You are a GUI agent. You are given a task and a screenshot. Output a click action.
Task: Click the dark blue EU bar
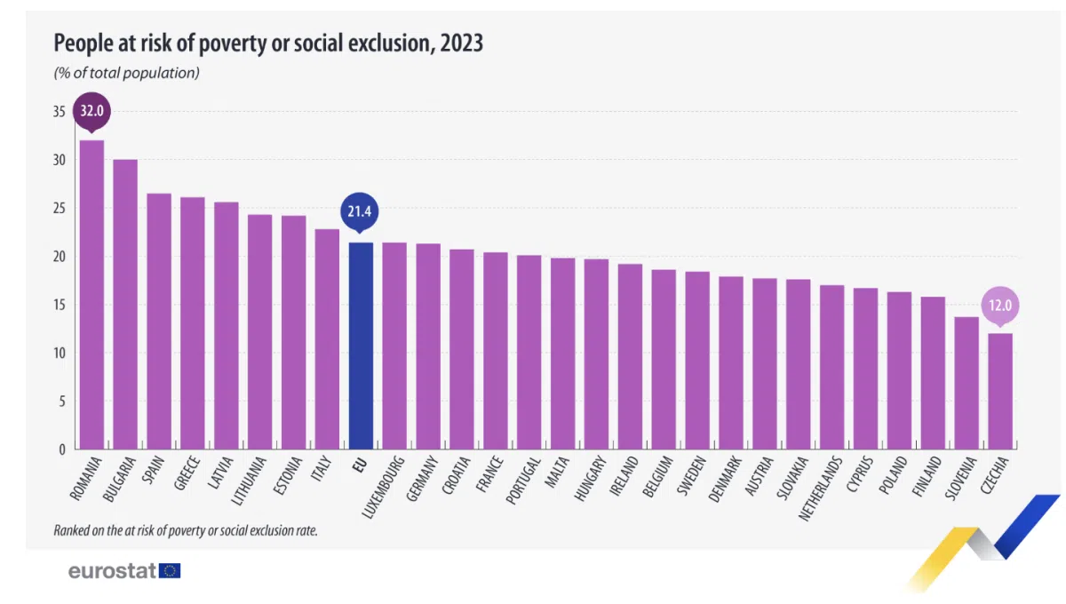pyautogui.click(x=361, y=346)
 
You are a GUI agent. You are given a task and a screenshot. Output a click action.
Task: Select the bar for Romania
pyautogui.click(x=91, y=295)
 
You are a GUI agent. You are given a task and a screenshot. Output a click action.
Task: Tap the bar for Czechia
pyautogui.click(x=1000, y=391)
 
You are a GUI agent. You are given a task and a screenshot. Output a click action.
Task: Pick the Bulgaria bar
pyautogui.click(x=125, y=305)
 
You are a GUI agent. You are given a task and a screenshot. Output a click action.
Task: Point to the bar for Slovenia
pyautogui.click(x=967, y=383)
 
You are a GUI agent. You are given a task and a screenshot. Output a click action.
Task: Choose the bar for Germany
pyautogui.click(x=428, y=346)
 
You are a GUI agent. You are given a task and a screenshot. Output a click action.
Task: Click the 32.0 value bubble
pyautogui.click(x=91, y=111)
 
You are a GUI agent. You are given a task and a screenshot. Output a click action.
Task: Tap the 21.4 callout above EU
pyautogui.click(x=359, y=211)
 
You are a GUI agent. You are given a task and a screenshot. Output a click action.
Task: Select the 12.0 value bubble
pyautogui.click(x=1000, y=306)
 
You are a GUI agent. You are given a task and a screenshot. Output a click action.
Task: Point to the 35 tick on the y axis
pyautogui.click(x=59, y=112)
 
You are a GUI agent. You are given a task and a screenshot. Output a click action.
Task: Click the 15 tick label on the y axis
pyautogui.click(x=59, y=305)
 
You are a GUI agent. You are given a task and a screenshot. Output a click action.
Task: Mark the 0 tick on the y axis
pyautogui.click(x=62, y=449)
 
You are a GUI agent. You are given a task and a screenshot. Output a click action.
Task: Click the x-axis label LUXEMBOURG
pyautogui.click(x=383, y=487)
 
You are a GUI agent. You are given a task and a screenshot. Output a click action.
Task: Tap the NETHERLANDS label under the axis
pyautogui.click(x=820, y=489)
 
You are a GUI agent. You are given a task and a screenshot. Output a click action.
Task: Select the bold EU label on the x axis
pyautogui.click(x=360, y=465)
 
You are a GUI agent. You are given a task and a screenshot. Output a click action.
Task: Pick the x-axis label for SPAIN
pyautogui.click(x=153, y=470)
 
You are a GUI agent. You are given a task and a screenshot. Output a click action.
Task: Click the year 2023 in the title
pyautogui.click(x=461, y=43)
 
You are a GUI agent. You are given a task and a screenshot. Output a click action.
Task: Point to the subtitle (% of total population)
pyautogui.click(x=126, y=73)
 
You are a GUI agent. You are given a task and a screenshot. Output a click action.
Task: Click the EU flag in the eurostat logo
pyautogui.click(x=170, y=570)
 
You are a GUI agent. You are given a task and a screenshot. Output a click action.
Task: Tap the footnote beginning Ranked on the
pyautogui.click(x=186, y=530)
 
